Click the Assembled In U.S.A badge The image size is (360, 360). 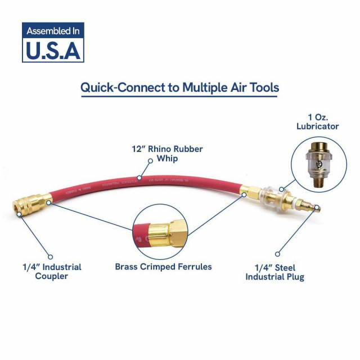click(x=53, y=42)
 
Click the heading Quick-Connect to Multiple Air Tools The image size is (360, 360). click(x=179, y=88)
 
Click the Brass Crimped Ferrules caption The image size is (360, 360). click(x=164, y=266)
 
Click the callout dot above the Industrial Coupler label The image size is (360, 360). click(x=49, y=255)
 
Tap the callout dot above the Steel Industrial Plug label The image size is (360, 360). click(x=276, y=254)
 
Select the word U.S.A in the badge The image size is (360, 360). click(x=53, y=51)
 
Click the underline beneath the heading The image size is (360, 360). click(x=179, y=97)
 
